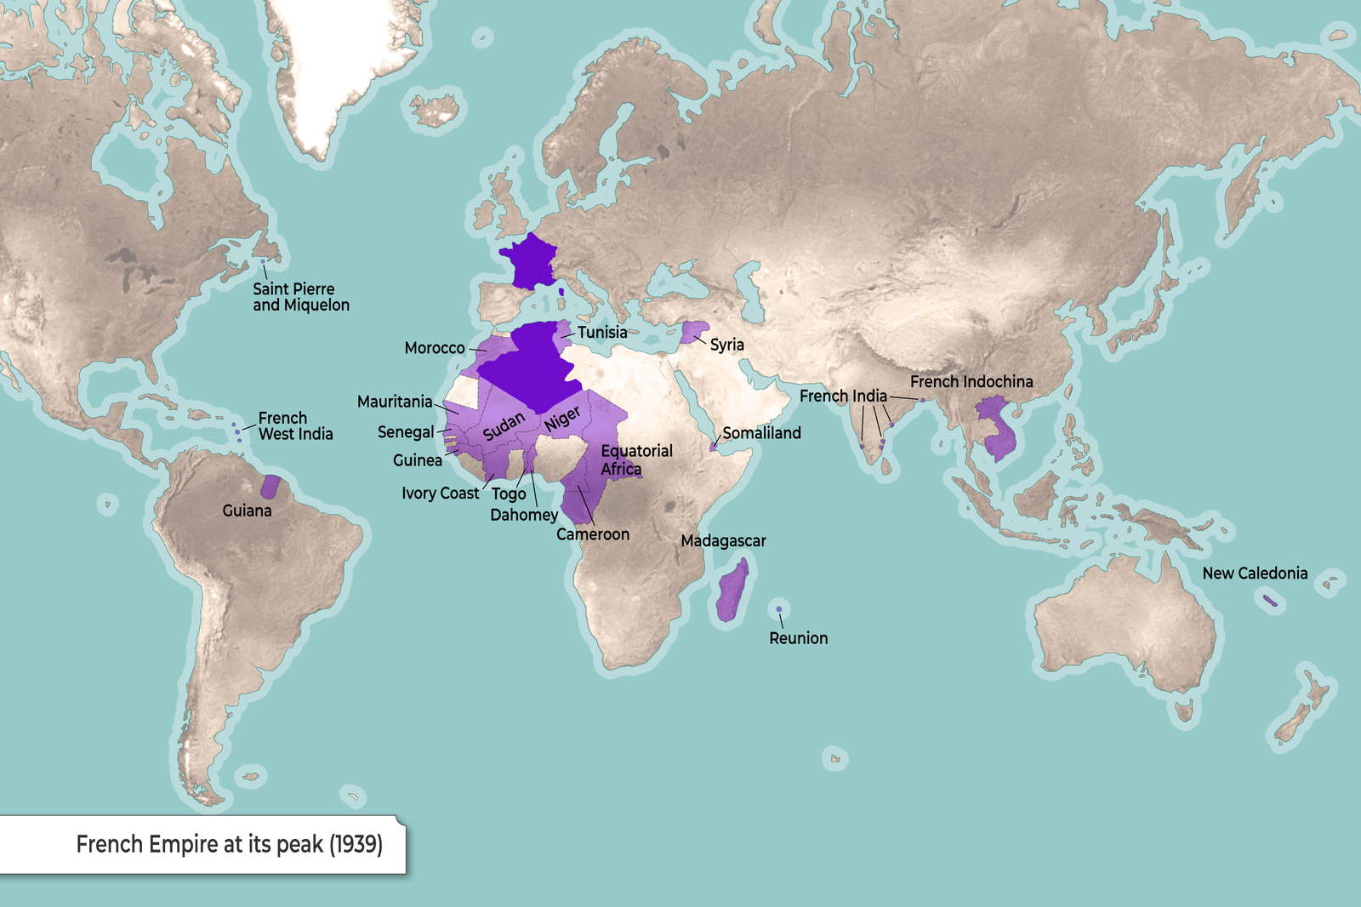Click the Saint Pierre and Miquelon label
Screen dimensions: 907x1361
coord(300,297)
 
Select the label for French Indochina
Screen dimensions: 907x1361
coord(971,382)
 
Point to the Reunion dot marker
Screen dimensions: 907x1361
coord(778,609)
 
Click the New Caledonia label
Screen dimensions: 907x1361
coord(1255,573)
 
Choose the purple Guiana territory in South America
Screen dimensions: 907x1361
coord(271,487)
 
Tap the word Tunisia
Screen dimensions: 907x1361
coord(602,333)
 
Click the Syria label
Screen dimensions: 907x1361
coord(727,345)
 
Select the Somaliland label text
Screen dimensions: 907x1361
coord(761,433)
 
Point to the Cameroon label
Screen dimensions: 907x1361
coord(593,534)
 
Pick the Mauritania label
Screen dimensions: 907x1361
coord(395,402)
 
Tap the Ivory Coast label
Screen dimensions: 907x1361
coord(441,493)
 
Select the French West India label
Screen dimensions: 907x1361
coord(295,426)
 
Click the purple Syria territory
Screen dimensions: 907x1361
coord(695,332)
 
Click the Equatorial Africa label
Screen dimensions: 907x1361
coord(636,460)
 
